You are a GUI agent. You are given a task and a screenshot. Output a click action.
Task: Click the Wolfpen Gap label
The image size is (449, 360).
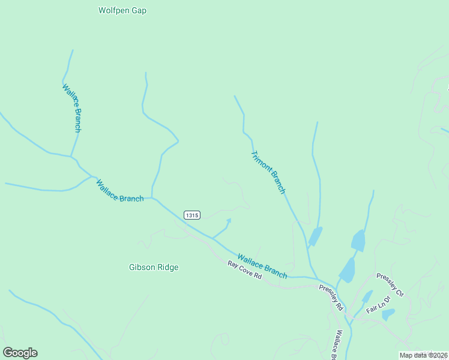122,10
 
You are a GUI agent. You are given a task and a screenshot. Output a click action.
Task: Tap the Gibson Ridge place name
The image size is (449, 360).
154,267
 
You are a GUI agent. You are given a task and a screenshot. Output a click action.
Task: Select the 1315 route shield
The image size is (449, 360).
192,215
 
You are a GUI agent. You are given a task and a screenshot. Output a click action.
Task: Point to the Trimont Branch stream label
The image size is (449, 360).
268,172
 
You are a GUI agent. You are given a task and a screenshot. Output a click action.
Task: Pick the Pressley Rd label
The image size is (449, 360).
331,297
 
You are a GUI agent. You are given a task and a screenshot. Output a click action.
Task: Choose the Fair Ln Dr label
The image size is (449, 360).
379,304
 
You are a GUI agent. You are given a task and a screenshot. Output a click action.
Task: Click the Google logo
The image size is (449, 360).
20,353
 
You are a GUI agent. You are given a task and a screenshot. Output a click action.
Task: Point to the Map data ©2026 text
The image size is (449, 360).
423,355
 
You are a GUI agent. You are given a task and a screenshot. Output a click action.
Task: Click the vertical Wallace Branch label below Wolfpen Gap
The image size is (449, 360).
71,108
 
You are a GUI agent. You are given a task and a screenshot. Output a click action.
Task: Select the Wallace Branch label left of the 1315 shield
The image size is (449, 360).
120,191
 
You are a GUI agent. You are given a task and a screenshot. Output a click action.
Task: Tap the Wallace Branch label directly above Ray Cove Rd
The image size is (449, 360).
262,265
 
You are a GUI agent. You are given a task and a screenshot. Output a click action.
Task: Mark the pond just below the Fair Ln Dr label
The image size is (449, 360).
388,314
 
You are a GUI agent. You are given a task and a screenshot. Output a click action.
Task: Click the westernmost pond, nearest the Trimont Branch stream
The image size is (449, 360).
315,236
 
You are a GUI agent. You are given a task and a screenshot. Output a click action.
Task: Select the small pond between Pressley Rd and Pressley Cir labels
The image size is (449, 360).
367,296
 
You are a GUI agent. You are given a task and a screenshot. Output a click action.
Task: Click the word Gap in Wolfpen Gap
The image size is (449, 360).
139,10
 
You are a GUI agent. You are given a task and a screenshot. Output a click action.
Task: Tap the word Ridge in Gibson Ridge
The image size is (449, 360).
167,267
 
